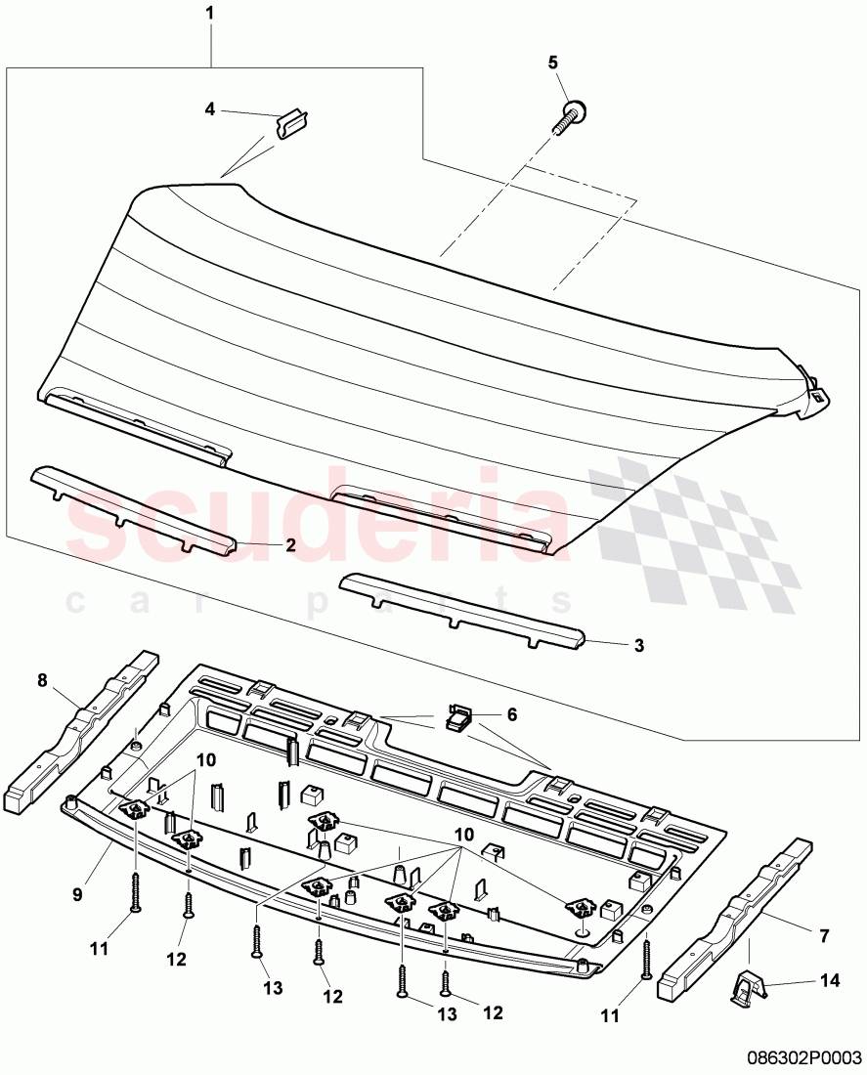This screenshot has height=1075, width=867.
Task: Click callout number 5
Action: [552, 63]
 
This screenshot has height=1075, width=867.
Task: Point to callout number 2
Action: [290, 545]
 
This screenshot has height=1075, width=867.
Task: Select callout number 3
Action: [639, 646]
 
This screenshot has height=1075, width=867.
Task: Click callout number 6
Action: [511, 714]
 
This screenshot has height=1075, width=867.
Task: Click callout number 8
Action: [42, 679]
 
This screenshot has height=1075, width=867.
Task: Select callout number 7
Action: [823, 936]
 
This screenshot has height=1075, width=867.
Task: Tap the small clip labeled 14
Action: [747, 988]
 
